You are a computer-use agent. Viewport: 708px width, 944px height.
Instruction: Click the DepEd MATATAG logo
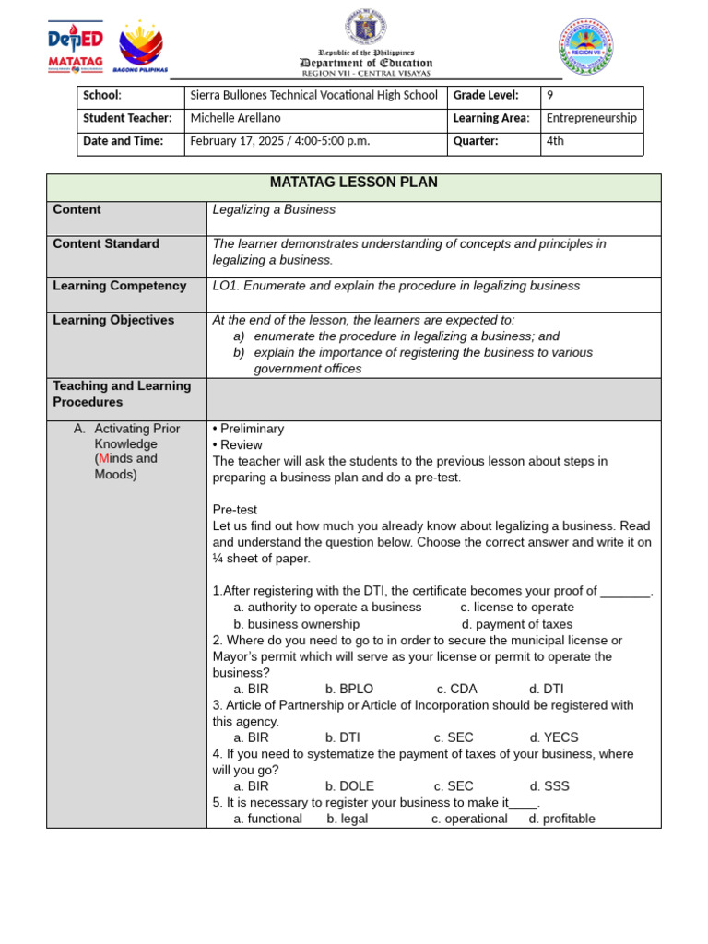[x=75, y=48]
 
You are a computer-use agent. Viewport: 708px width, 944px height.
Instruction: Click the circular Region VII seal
[x=585, y=46]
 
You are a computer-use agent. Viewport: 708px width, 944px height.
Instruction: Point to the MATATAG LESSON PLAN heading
[x=353, y=183]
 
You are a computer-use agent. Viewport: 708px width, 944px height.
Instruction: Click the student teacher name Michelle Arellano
[x=235, y=118]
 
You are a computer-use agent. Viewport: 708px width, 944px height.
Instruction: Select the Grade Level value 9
[x=550, y=95]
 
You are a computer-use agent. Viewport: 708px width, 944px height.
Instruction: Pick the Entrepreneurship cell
[x=591, y=118]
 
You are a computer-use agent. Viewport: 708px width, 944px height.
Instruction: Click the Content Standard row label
[x=106, y=243]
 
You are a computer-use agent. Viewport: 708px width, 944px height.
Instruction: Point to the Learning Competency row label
[x=119, y=286]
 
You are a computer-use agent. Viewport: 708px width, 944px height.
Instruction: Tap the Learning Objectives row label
[x=113, y=320]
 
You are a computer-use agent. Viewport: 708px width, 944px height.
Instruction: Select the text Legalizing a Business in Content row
[x=274, y=209]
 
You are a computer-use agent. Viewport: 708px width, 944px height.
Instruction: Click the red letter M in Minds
[x=103, y=458]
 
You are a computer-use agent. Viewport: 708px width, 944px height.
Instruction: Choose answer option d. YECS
[x=554, y=737]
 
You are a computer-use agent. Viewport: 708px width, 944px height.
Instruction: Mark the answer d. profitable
[x=561, y=819]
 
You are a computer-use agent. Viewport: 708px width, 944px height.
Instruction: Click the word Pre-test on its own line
[x=234, y=509]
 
